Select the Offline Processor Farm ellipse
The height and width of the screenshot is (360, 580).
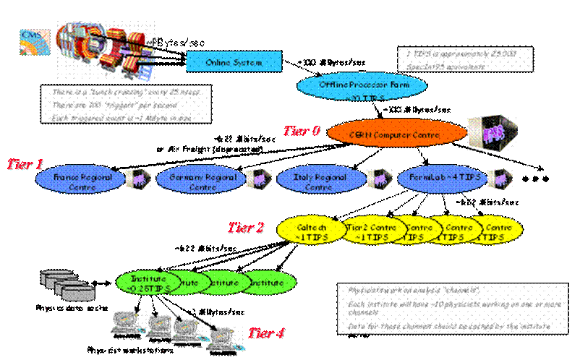pyautogui.click(x=362, y=85)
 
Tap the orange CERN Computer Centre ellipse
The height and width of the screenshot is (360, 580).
pyautogui.click(x=395, y=134)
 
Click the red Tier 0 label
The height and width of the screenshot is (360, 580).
pyautogui.click(x=301, y=131)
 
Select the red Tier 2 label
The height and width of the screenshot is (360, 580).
pyautogui.click(x=246, y=228)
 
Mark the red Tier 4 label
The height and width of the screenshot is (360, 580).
pyautogui.click(x=266, y=333)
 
